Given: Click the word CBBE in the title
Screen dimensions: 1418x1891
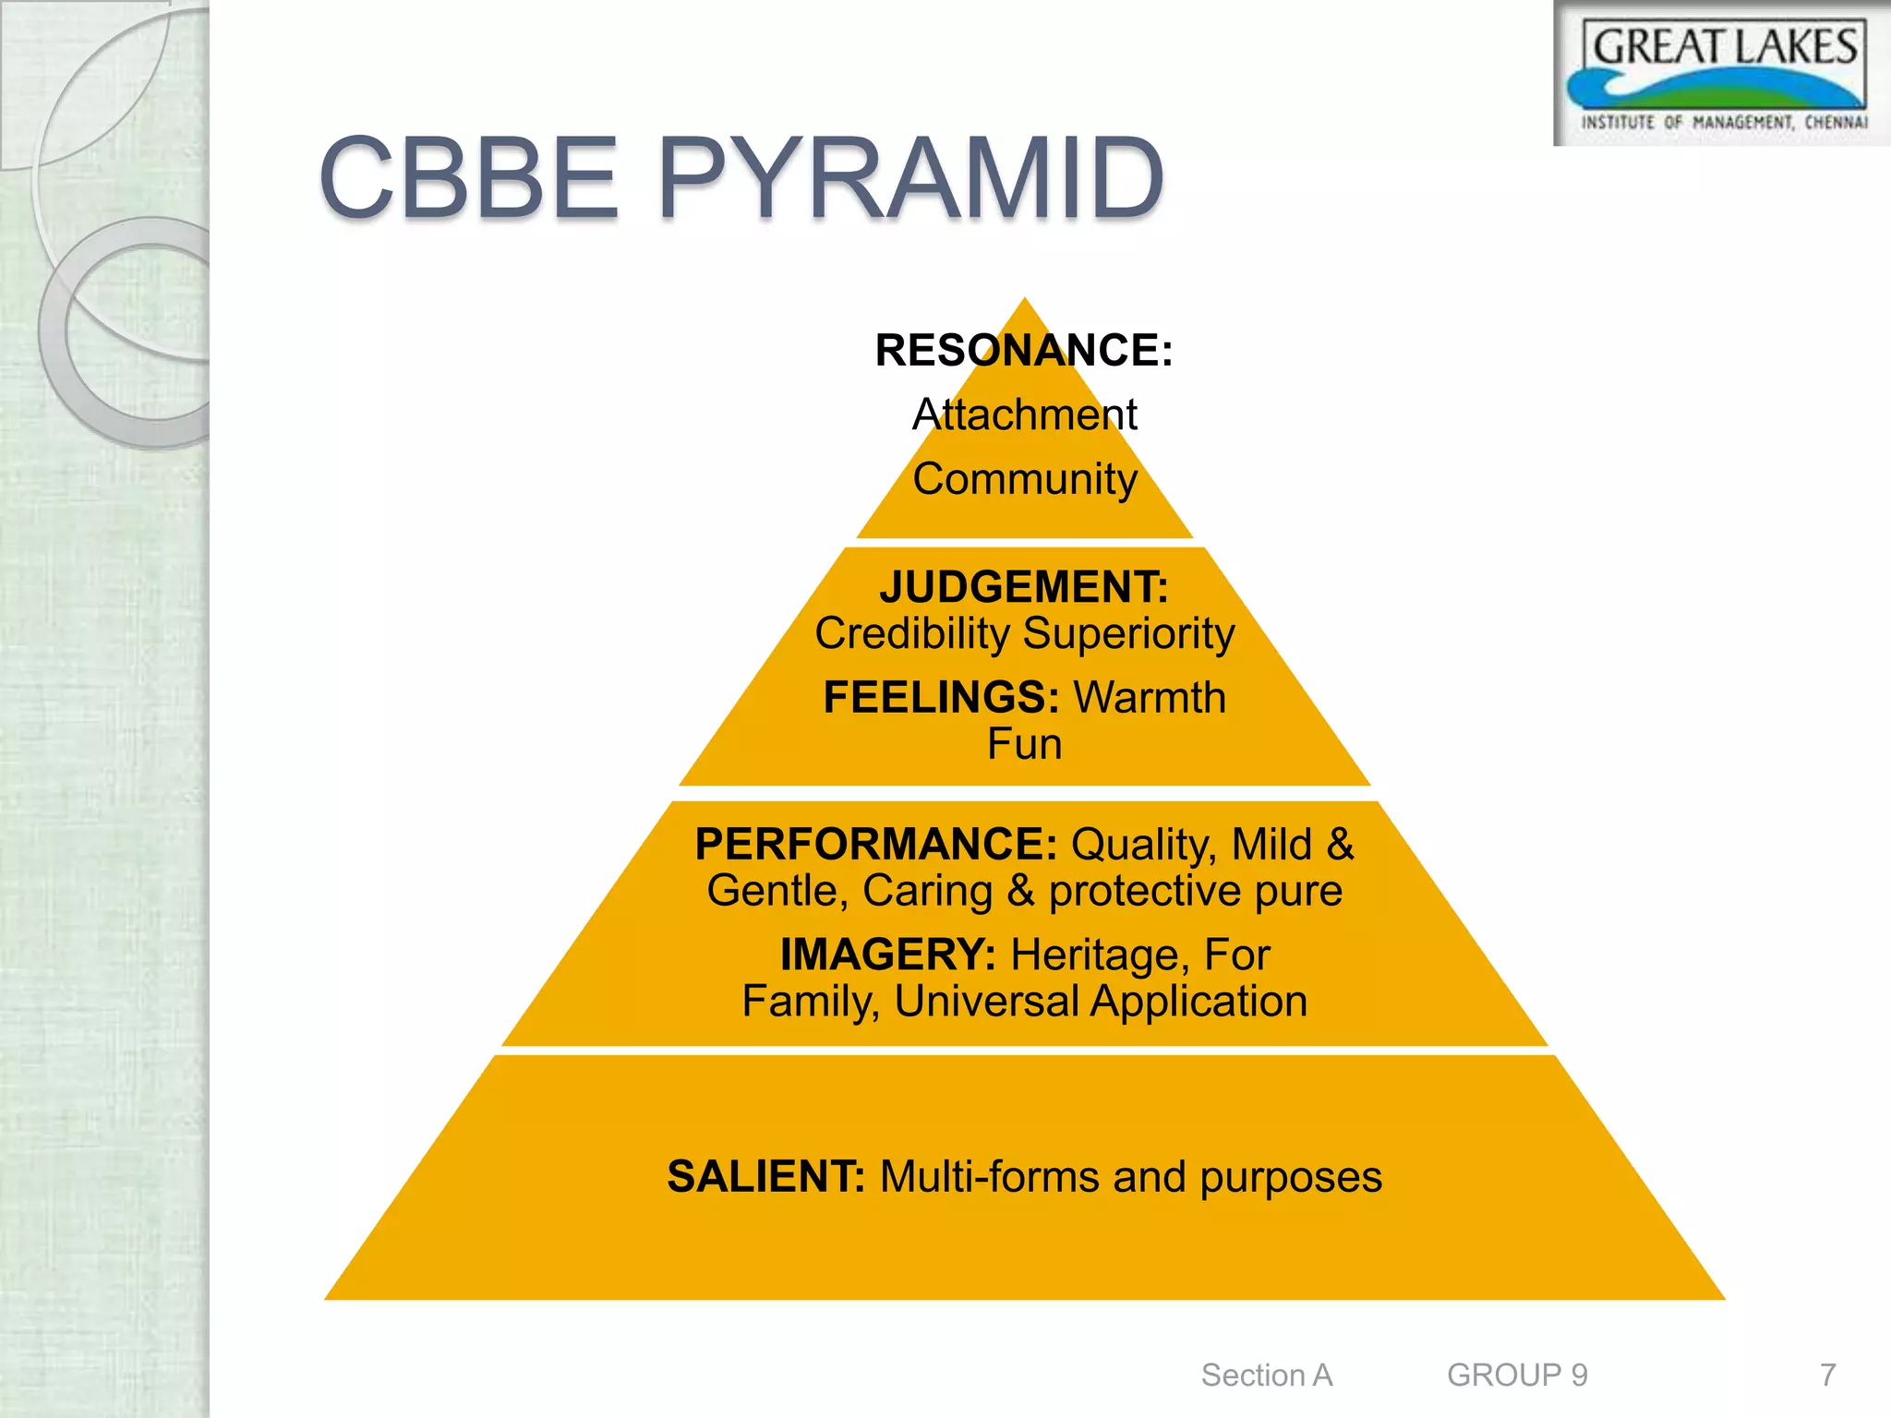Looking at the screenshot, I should [x=468, y=177].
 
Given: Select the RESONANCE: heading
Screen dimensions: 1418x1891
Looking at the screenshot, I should [x=1024, y=351].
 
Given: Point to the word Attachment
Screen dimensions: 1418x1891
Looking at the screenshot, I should [x=1024, y=415].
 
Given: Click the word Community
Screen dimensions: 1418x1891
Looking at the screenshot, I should [x=1024, y=479].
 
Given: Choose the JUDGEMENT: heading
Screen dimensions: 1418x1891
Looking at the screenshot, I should [x=1024, y=587].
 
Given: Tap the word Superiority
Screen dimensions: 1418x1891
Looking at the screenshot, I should [x=1128, y=633].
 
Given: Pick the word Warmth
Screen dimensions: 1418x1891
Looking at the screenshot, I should [x=1150, y=697].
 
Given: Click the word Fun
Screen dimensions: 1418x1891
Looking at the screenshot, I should [x=1024, y=744].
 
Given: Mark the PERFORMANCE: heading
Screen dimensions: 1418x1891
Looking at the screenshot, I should [x=875, y=844].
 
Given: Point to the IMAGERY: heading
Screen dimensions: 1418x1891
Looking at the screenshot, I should [x=887, y=955].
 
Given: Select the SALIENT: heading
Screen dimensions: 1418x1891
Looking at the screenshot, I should [x=765, y=1177].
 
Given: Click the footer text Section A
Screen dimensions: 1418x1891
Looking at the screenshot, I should [x=1266, y=1375].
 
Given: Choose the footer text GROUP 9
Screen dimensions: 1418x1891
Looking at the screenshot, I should [x=1517, y=1375].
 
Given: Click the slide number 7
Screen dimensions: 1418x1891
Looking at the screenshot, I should [x=1827, y=1375].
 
